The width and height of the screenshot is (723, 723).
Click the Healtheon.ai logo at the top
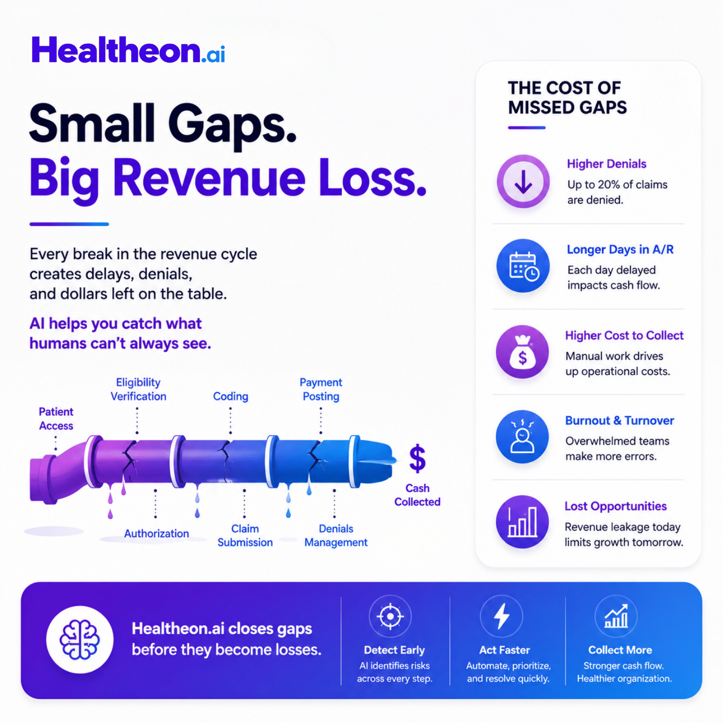point(128,50)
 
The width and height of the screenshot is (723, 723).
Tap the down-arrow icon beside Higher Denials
point(523,181)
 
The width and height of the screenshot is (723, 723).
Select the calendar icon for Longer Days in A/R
point(523,266)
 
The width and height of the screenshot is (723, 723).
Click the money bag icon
point(523,352)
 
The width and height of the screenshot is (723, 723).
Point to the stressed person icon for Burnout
point(523,437)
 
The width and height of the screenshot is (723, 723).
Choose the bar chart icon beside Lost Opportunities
point(523,522)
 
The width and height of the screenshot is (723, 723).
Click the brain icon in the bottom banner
point(79,639)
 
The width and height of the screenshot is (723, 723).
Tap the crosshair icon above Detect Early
point(390,616)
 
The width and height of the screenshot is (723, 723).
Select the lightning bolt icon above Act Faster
point(501,616)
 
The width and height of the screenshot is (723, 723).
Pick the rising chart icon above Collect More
point(616,616)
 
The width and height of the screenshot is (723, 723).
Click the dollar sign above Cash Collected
point(417,458)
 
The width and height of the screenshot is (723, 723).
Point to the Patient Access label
point(56,419)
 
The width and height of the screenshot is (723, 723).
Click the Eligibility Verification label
point(138,389)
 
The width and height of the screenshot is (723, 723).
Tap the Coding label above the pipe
point(230,396)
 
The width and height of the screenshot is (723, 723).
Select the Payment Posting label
point(321,389)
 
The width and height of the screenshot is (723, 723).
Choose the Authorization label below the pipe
point(156,533)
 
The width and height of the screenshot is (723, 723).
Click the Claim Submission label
point(245,535)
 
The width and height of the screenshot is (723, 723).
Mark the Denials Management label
point(336,535)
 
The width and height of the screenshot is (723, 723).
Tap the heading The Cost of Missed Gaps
point(567,97)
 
